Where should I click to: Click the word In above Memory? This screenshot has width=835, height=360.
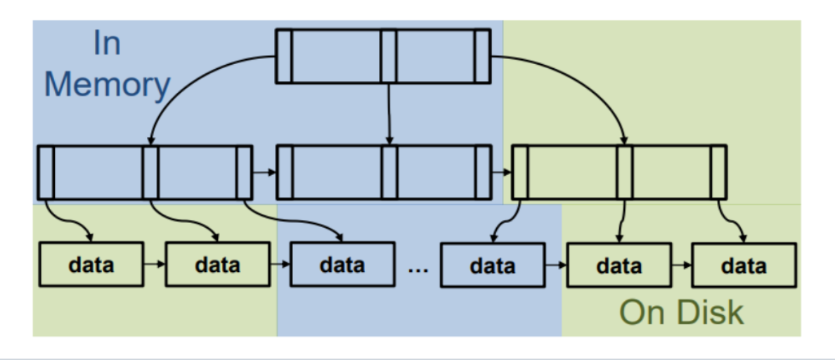107,44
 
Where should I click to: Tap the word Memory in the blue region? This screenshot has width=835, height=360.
107,84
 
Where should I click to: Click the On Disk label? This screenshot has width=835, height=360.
681,312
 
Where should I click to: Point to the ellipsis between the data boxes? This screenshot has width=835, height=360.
417,267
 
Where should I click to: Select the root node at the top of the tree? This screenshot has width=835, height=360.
382,56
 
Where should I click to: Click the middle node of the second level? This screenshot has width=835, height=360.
383,172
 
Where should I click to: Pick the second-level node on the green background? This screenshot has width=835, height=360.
619,172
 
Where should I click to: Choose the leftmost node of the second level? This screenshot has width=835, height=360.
145,172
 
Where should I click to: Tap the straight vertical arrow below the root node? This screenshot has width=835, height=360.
388,112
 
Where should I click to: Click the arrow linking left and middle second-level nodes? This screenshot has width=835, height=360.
264,172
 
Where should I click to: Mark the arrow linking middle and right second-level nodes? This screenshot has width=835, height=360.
500,172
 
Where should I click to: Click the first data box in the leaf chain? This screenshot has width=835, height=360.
91,265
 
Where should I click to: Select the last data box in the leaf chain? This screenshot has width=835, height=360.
744,266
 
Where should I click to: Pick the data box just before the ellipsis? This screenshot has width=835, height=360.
342,265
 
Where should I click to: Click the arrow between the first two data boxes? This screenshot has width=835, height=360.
154,265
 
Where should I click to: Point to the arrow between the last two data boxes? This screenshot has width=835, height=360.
681,266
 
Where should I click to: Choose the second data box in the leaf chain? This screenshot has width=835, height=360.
216,265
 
